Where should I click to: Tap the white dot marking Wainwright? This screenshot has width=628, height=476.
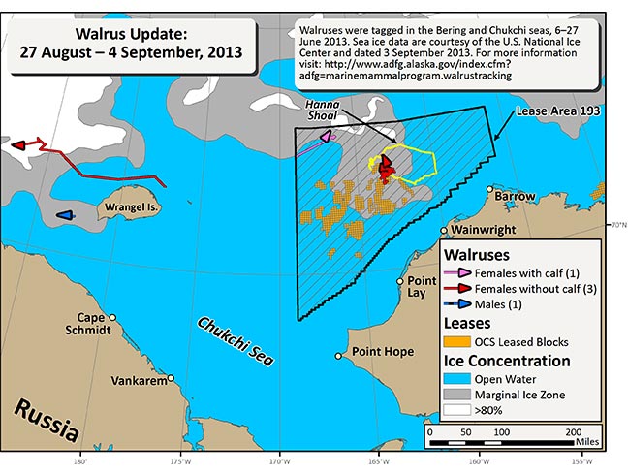click(x=449, y=232)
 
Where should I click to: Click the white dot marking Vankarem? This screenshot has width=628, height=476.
click(x=172, y=379)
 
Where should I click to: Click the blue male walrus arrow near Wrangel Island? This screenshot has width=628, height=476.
click(x=65, y=215)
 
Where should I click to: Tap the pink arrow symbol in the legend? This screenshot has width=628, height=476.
click(x=457, y=272)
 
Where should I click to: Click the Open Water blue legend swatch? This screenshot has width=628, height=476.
click(x=456, y=378)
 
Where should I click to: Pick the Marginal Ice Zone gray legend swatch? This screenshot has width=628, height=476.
click(x=456, y=395)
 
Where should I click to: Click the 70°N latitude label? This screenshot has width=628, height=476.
click(x=616, y=226)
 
